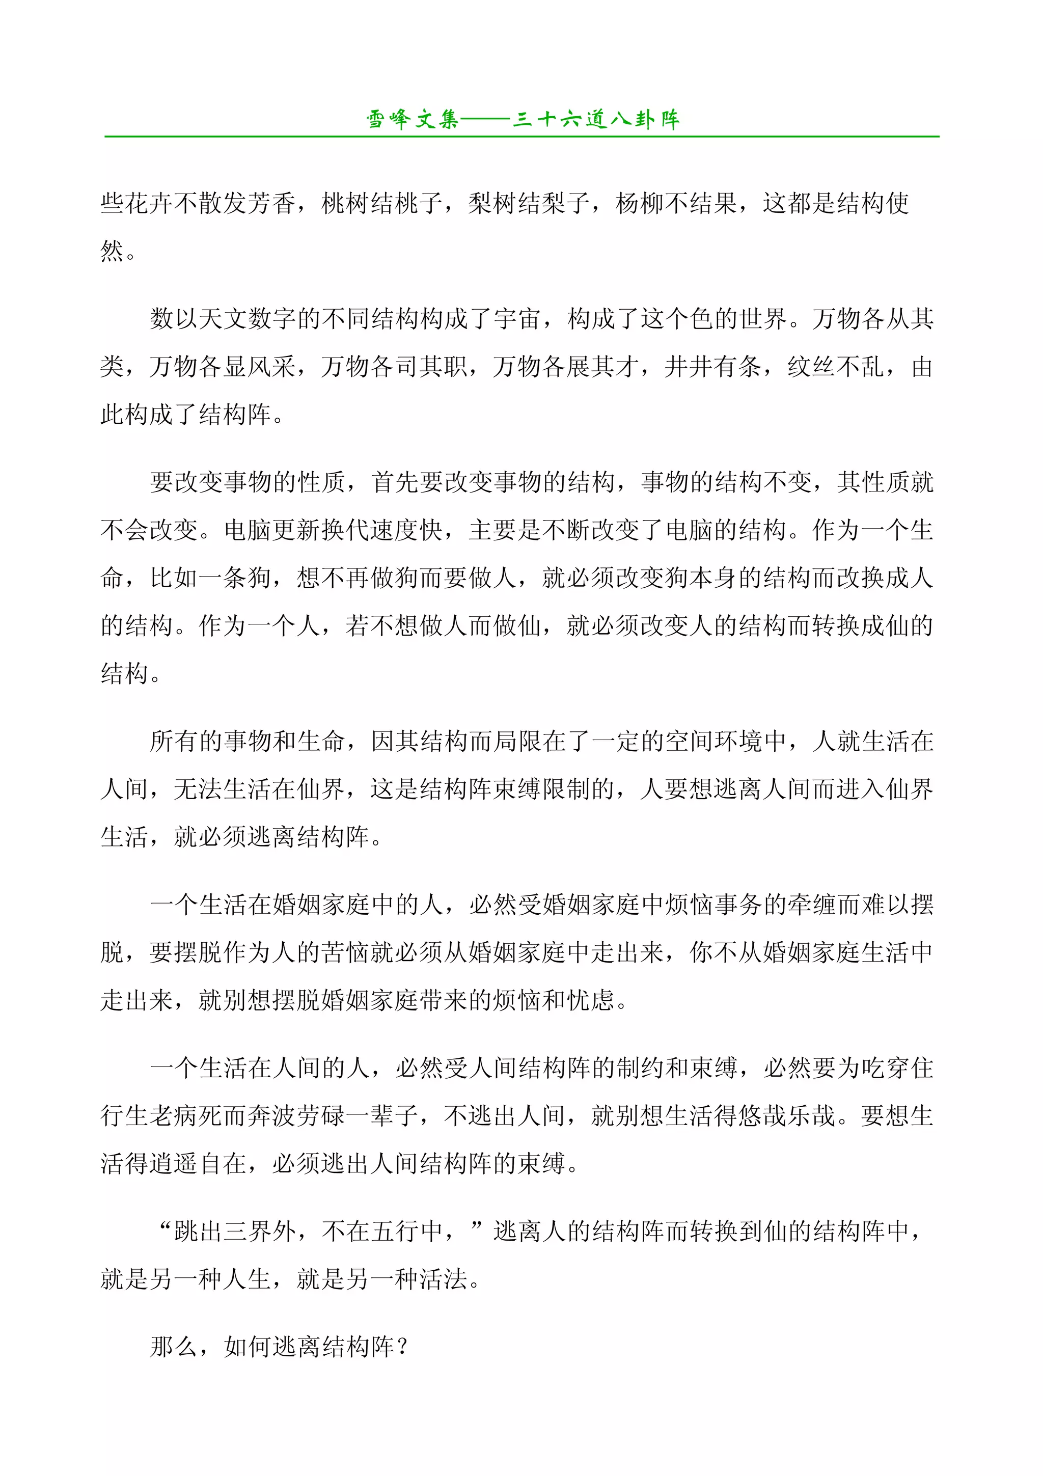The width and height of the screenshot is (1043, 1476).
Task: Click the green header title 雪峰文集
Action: [x=412, y=120]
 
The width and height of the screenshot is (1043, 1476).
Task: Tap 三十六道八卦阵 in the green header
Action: [x=596, y=120]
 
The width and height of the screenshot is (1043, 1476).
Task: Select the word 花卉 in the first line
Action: [x=149, y=204]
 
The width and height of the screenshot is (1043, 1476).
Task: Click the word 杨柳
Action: [x=640, y=204]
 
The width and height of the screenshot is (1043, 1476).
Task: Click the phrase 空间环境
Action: [x=712, y=741]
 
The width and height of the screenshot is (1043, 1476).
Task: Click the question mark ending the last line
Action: [x=403, y=1346]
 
